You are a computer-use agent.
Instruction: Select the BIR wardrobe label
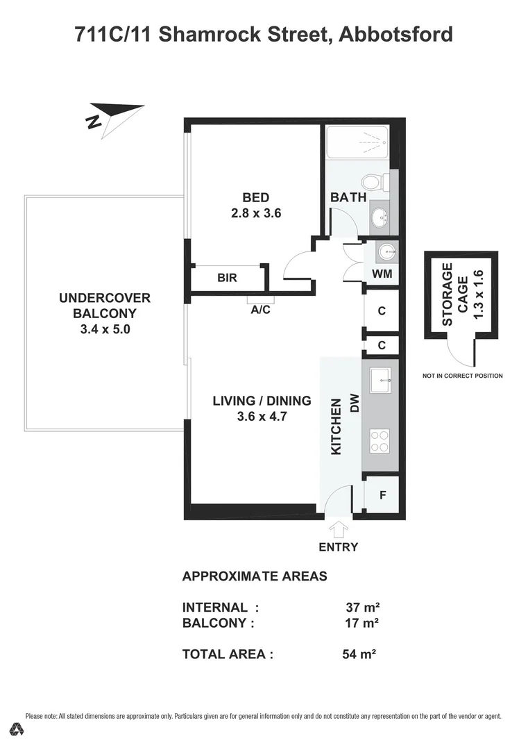(x=227, y=278)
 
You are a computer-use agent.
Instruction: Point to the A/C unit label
(x=261, y=310)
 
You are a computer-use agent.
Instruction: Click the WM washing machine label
(x=382, y=274)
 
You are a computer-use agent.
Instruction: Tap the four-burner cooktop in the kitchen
(x=380, y=440)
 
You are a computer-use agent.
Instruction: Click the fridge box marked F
(x=382, y=496)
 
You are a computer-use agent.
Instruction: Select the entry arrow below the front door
(x=339, y=530)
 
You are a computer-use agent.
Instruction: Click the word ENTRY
(x=339, y=547)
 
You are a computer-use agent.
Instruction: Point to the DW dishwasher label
(x=354, y=404)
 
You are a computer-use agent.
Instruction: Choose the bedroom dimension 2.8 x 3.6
(x=256, y=213)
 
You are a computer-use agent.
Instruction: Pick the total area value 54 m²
(x=359, y=653)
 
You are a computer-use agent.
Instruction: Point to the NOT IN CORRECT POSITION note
(x=462, y=376)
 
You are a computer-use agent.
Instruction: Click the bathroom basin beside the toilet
(x=380, y=218)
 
